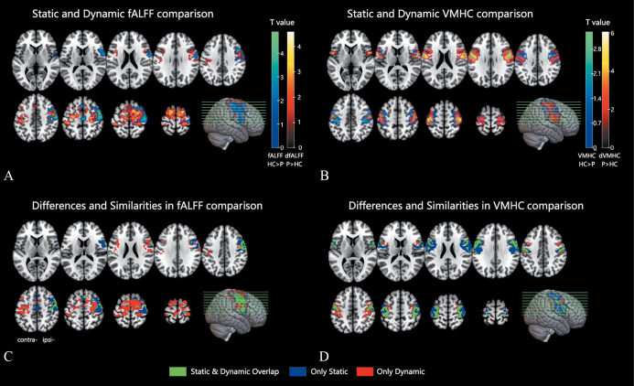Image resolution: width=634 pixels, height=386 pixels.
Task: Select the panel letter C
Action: coord(8,355)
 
